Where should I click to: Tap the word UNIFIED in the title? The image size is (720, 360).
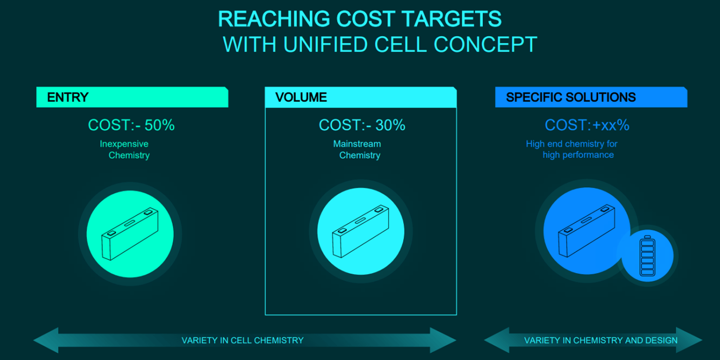(x=325, y=44)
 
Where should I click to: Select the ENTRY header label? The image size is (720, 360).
(x=67, y=97)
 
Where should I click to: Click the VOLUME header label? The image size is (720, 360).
(x=301, y=97)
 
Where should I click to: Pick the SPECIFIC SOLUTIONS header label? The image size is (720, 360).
(x=571, y=97)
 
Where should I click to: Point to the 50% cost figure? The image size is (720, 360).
(x=159, y=125)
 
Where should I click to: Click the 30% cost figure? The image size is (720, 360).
(x=390, y=125)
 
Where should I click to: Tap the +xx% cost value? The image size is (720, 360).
(x=611, y=125)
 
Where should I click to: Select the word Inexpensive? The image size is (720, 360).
(x=124, y=143)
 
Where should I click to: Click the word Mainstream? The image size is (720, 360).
(x=357, y=143)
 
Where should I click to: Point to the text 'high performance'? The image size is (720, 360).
(x=578, y=155)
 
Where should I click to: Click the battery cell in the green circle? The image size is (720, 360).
(x=130, y=233)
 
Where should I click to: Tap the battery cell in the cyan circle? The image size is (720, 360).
(x=361, y=231)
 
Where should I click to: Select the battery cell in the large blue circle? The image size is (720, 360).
(x=587, y=231)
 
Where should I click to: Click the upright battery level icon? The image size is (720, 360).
(x=647, y=256)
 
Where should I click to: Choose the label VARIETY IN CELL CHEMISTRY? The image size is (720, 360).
(x=243, y=340)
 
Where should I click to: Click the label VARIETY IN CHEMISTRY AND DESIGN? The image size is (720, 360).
(x=601, y=340)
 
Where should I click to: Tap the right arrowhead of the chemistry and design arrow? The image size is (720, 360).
(x=689, y=340)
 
